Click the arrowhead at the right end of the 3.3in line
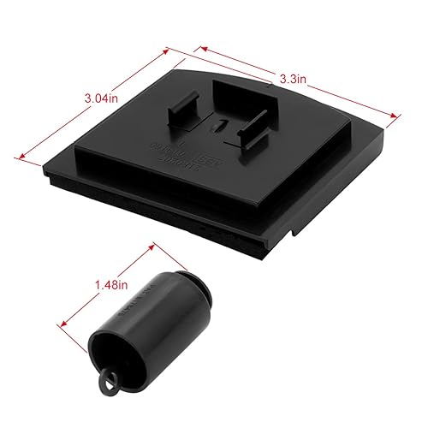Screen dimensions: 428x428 (400, 118)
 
